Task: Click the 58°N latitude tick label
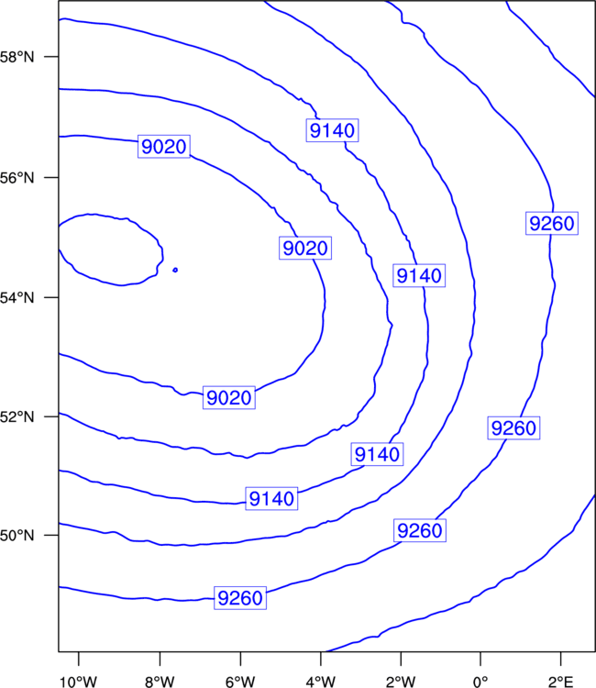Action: tap(17, 57)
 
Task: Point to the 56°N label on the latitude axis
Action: tap(17, 178)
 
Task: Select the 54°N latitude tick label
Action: tap(17, 298)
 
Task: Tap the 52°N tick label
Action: tap(17, 416)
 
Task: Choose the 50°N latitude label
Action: tap(17, 536)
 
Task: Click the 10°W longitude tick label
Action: tap(78, 682)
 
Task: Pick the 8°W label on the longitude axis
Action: tap(160, 682)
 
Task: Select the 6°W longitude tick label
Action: tap(240, 682)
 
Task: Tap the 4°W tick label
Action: tap(321, 682)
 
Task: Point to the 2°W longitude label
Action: tap(401, 682)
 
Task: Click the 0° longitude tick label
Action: tap(480, 682)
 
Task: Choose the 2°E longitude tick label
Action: tap(560, 682)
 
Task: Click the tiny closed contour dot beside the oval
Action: tap(175, 270)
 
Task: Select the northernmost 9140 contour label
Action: tap(332, 130)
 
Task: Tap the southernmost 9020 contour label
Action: tap(229, 397)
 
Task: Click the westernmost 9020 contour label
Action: tap(164, 146)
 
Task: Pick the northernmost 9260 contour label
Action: tap(552, 223)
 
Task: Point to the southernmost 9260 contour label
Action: tap(240, 597)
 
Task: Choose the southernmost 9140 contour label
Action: tap(271, 498)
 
